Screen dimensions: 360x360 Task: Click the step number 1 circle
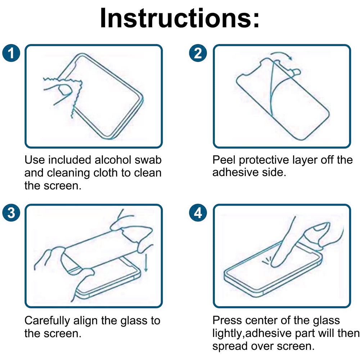click(11, 53)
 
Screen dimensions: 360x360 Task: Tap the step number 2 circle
click(198, 53)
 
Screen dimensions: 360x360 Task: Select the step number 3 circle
click(11, 213)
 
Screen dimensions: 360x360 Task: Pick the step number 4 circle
click(198, 213)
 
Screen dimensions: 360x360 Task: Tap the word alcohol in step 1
click(113, 160)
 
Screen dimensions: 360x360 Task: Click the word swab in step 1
click(148, 160)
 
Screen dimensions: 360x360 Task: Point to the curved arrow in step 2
click(282, 55)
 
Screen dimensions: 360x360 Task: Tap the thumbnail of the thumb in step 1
click(64, 90)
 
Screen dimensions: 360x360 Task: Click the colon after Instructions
click(256, 19)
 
